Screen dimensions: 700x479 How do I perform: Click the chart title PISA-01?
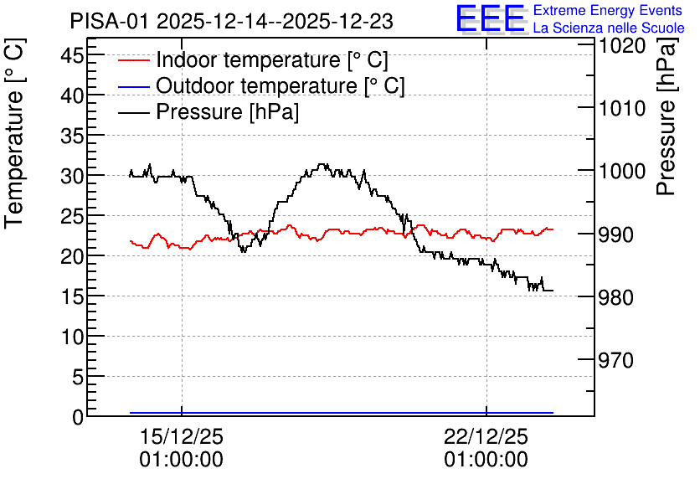pos(109,21)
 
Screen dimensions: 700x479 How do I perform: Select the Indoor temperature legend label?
pos(272,59)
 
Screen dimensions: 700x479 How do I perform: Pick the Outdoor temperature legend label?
pos(281,85)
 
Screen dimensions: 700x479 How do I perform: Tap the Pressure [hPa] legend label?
pos(227,111)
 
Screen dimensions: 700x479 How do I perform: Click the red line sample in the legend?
pos(133,60)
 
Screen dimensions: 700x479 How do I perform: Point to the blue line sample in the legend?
pos(133,86)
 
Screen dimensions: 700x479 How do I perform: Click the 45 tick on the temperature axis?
pos(72,55)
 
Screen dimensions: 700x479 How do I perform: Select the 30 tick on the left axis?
pos(72,176)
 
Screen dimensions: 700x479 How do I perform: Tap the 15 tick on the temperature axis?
pos(72,296)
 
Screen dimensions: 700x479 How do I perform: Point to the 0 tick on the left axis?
pos(78,417)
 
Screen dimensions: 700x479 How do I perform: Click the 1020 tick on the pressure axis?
pos(622,45)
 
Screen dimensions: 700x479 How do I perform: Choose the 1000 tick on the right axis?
pos(622,171)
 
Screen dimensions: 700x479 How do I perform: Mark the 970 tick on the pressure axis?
pos(616,360)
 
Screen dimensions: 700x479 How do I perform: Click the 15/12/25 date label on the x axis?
pos(181,436)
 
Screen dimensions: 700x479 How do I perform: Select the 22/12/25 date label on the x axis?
pos(486,436)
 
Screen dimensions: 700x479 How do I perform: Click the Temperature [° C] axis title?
pos(14,133)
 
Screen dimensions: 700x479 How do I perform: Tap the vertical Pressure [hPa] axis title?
pos(666,116)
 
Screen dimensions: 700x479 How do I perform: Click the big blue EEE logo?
pos(491,18)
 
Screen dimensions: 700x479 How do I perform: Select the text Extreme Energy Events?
pos(608,10)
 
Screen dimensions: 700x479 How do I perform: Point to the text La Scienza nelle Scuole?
pos(609,28)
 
